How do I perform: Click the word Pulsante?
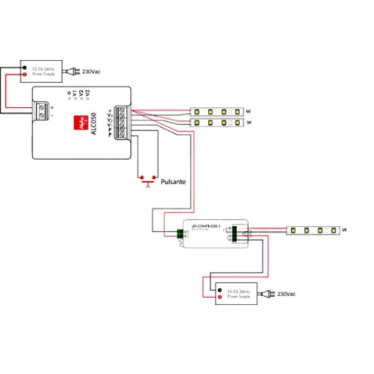click(x=174, y=181)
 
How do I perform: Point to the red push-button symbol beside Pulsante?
click(x=147, y=180)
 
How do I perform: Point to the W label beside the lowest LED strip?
click(x=346, y=230)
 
